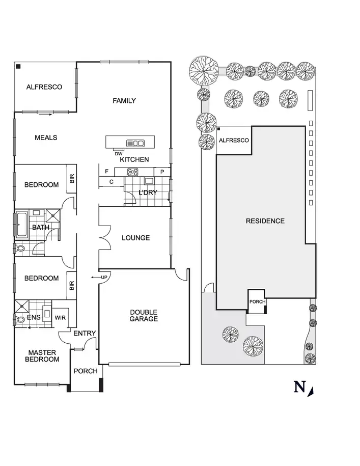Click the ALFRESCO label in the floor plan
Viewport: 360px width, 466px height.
pos(44,87)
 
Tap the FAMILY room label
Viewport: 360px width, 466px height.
pos(124,101)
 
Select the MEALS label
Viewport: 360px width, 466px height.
pos(46,138)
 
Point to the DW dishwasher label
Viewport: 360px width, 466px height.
pos(118,154)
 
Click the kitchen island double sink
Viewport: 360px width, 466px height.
pos(136,143)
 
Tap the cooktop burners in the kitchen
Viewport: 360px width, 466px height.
pos(133,172)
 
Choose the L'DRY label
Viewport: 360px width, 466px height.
pos(148,193)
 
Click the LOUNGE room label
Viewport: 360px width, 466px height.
pos(135,238)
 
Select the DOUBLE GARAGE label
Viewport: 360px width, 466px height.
pos(144,315)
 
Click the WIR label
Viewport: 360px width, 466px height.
pos(60,318)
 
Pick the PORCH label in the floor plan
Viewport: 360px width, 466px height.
pos(86,371)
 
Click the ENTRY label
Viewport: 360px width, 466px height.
pos(85,333)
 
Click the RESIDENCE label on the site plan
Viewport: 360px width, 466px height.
pos(265,221)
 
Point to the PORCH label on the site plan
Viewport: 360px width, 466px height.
pos(257,302)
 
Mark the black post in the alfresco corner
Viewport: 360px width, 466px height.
pos(18,66)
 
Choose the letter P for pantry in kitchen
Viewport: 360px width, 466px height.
pos(162,172)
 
